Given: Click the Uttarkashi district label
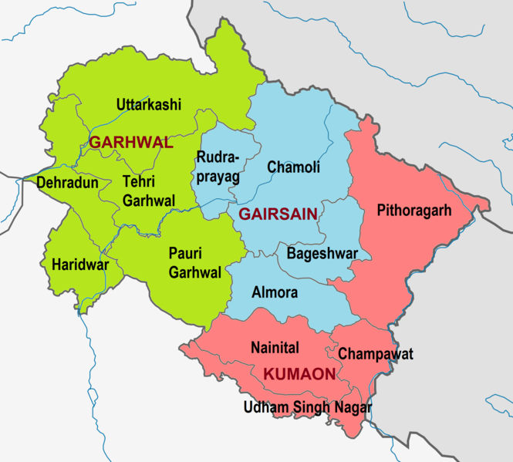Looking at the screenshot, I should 149,104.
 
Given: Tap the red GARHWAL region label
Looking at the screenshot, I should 131,143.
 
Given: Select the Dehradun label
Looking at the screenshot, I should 67,183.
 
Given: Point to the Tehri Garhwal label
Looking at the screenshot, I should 149,192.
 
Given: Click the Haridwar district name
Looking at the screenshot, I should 75,265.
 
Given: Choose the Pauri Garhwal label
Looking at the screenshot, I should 195,262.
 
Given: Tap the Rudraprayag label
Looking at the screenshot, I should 218,167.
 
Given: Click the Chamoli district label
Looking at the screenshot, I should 293,167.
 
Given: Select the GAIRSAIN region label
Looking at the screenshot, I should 278,214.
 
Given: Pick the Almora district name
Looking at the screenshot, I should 275,293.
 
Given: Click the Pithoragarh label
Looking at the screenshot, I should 414,210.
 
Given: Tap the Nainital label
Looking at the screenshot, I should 275,348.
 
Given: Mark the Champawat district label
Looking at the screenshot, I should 376,354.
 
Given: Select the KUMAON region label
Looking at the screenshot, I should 299,375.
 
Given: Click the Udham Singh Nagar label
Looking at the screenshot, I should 308,407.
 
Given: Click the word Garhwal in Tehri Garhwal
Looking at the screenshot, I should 149,201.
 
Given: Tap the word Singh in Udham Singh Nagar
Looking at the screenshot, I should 308,407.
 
